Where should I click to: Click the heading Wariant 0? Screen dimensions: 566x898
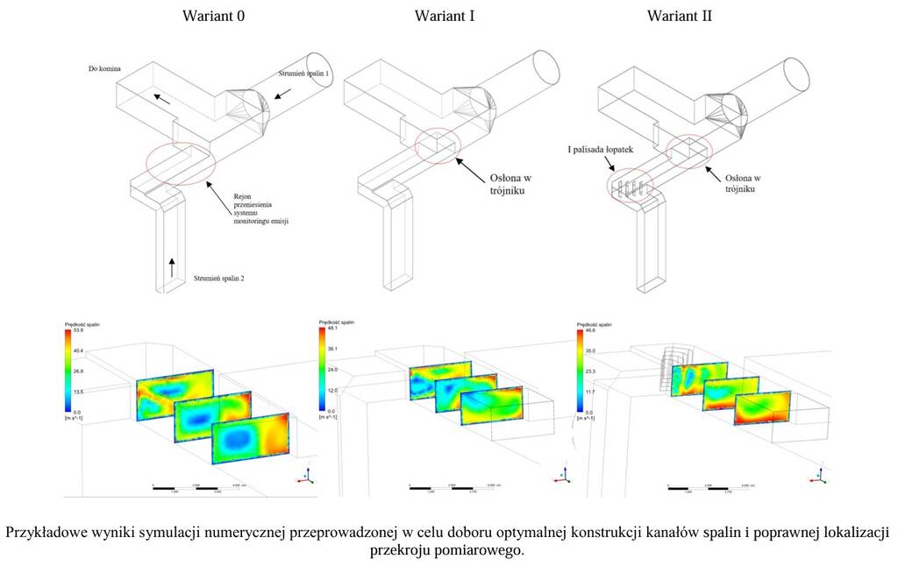(x=213, y=16)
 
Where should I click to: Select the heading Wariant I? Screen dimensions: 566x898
(x=445, y=16)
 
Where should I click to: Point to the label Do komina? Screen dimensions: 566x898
(x=104, y=68)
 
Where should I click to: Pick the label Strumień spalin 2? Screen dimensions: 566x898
(x=218, y=279)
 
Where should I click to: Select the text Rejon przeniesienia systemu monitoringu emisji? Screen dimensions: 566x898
(x=260, y=209)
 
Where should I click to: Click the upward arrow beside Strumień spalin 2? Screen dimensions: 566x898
(x=172, y=264)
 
